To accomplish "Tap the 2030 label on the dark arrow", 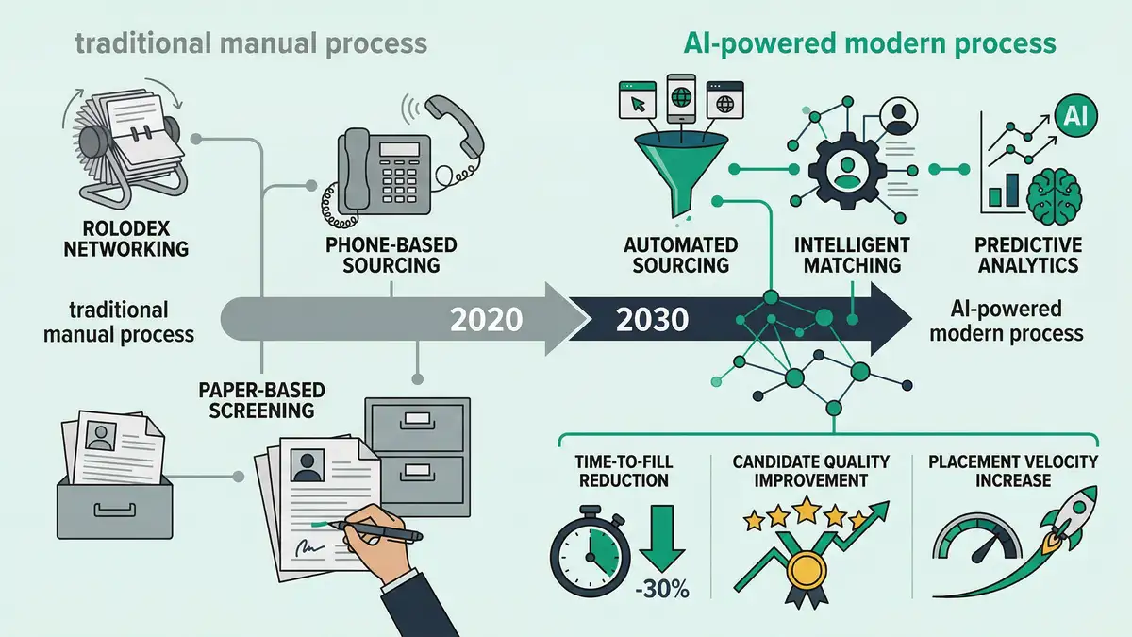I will click(652, 320).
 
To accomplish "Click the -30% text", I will click(662, 592).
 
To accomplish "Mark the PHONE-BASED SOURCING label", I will click(391, 255).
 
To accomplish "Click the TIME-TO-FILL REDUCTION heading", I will click(622, 471).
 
